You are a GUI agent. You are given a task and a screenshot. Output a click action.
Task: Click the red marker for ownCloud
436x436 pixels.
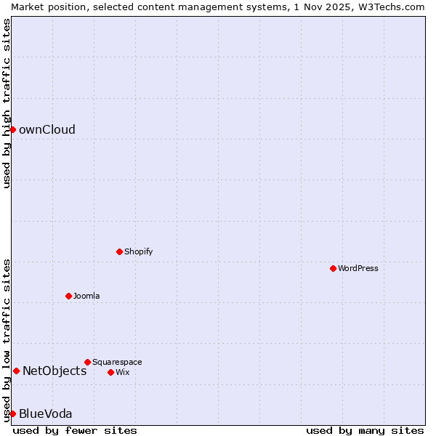pos(12,129)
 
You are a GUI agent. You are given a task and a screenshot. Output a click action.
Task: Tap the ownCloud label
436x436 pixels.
pos(47,130)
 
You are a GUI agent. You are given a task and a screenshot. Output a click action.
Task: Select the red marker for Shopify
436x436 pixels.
pos(119,251)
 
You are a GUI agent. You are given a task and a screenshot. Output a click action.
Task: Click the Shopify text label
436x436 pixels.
pos(138,252)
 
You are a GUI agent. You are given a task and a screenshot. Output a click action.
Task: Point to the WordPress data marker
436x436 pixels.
pos(333,268)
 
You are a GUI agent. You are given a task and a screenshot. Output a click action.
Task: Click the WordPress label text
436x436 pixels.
pos(358,269)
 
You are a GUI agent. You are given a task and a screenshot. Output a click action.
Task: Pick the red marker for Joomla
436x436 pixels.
pos(68,296)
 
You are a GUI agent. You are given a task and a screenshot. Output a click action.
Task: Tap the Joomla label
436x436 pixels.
pos(86,296)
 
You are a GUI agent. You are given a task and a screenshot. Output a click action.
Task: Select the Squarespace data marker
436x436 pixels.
pos(87,362)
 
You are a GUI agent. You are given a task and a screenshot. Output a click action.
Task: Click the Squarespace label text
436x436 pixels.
pos(117,363)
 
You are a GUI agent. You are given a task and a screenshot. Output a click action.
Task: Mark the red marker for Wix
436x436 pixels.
pos(110,372)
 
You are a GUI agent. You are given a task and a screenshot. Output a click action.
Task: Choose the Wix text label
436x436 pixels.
pos(123,373)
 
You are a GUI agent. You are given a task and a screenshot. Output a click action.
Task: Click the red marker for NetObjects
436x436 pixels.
pos(16,371)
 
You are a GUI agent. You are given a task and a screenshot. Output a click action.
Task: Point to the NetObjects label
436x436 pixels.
pos(54,371)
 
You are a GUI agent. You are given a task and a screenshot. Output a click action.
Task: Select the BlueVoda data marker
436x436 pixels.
pos(12,413)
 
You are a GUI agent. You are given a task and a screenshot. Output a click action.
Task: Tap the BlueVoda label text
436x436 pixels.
pos(45,414)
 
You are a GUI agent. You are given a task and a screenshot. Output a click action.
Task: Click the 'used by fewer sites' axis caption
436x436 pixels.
pos(75,430)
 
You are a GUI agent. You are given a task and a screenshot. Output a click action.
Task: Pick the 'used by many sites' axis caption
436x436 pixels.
pos(364,430)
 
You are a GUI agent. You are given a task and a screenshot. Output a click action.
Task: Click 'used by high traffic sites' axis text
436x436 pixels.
pos(7,103)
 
